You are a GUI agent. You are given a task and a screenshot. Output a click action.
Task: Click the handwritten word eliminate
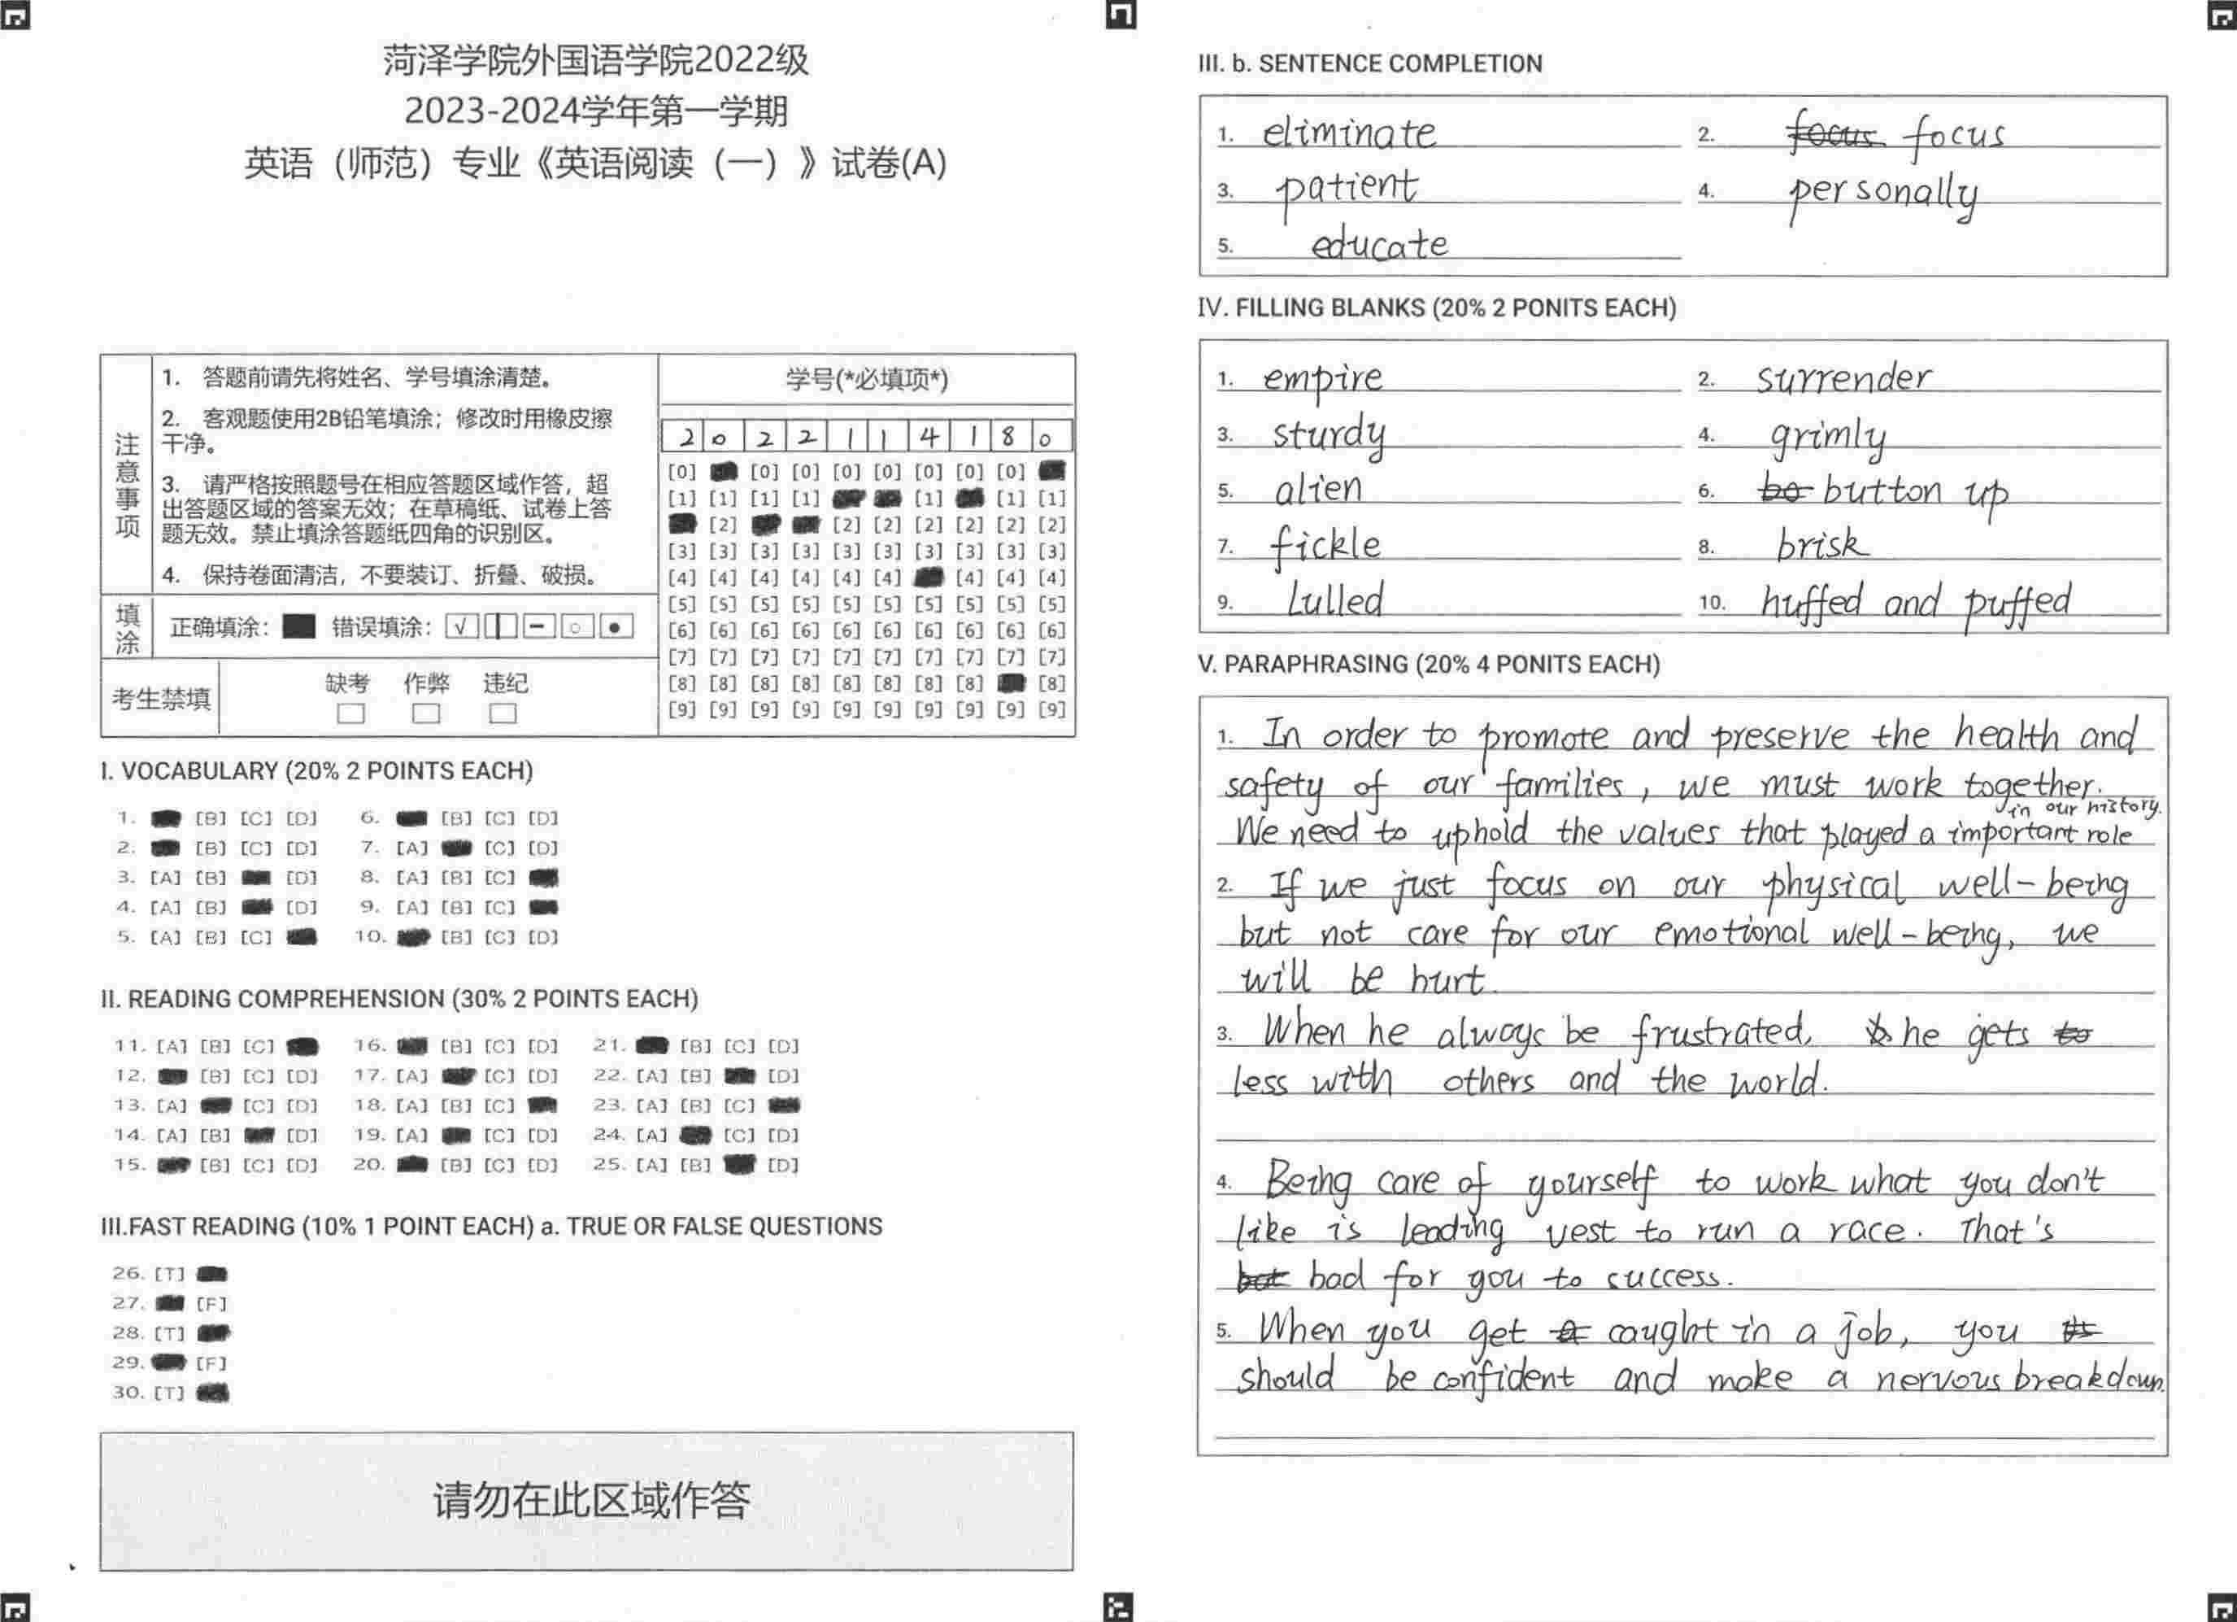click(x=1348, y=133)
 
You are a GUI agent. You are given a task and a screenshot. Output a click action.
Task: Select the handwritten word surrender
click(x=1843, y=378)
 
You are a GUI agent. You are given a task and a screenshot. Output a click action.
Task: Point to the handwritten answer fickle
click(x=1325, y=546)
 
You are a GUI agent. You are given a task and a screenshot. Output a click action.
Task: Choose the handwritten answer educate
click(x=1379, y=244)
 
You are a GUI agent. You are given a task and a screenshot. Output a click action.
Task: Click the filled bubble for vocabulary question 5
click(x=302, y=937)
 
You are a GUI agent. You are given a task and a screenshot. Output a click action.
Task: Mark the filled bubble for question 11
click(x=302, y=1047)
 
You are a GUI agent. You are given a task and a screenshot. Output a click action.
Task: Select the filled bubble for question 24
click(x=695, y=1136)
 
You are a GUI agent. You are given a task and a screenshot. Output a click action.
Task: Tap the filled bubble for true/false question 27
click(x=170, y=1303)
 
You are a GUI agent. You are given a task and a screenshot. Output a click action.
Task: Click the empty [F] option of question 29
click(x=211, y=1363)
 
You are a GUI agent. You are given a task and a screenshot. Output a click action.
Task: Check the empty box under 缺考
click(x=350, y=713)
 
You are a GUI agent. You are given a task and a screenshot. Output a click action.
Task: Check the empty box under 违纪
click(x=502, y=713)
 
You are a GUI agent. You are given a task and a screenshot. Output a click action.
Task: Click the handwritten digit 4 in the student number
click(x=927, y=436)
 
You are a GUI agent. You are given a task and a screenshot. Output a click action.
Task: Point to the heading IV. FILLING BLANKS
click(x=1436, y=307)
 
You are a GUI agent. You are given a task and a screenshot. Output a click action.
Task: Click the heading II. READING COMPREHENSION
click(x=398, y=998)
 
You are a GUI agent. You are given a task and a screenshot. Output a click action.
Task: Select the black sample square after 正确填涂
click(x=298, y=626)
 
